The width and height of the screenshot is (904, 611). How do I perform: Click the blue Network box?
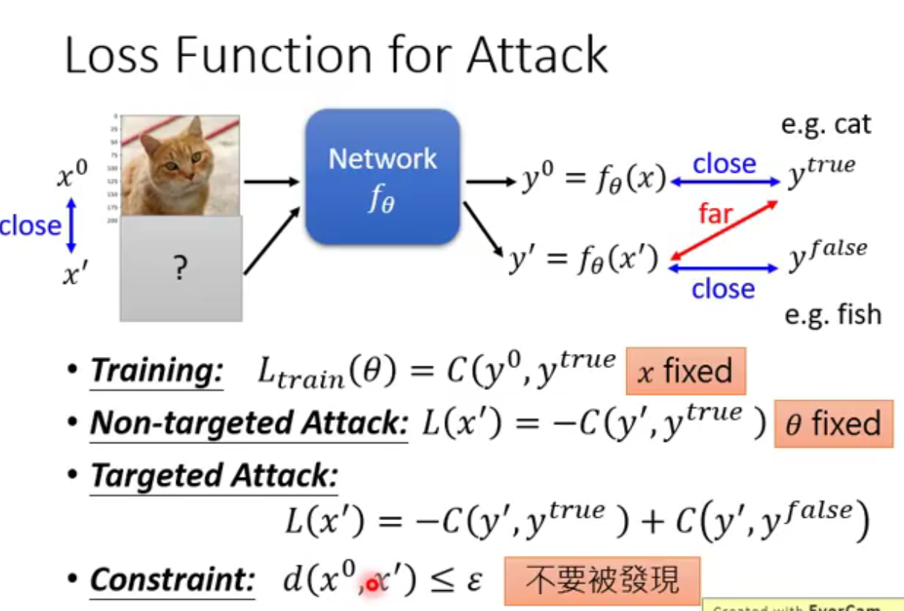pyautogui.click(x=382, y=177)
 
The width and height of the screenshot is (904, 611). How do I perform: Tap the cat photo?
pyautogui.click(x=181, y=165)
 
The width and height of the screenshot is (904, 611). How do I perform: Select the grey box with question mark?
pyautogui.click(x=181, y=269)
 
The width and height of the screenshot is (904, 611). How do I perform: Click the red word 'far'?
pyautogui.click(x=715, y=215)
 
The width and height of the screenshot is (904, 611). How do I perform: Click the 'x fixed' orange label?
pyautogui.click(x=685, y=371)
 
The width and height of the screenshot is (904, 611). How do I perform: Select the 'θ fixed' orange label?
pyautogui.click(x=833, y=424)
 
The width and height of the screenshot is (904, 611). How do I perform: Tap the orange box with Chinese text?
pyautogui.click(x=602, y=580)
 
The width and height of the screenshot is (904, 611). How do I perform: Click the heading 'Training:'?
pyautogui.click(x=156, y=371)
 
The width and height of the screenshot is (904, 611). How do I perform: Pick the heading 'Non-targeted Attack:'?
pyautogui.click(x=249, y=424)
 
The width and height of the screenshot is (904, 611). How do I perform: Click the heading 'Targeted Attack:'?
pyautogui.click(x=214, y=477)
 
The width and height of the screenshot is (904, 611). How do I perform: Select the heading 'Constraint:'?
pyautogui.click(x=173, y=580)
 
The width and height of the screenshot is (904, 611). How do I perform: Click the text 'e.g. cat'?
pyautogui.click(x=826, y=124)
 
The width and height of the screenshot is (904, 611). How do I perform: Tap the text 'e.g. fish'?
pyautogui.click(x=833, y=314)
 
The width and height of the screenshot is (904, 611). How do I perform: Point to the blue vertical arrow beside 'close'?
pyautogui.click(x=71, y=224)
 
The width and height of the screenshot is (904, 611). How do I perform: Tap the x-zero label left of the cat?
pyautogui.click(x=71, y=177)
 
